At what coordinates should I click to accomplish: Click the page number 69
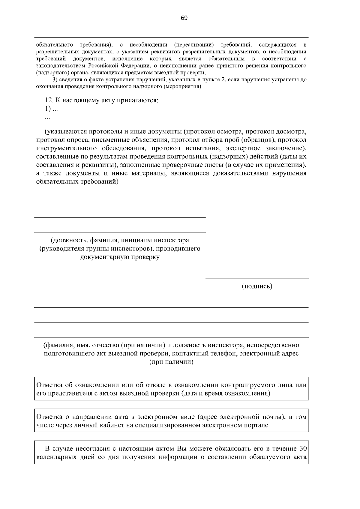pos(184,18)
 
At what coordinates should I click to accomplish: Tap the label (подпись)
pos(257,286)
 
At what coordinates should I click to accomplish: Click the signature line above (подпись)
pos(257,278)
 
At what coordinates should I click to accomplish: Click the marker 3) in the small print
pos(55,80)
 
